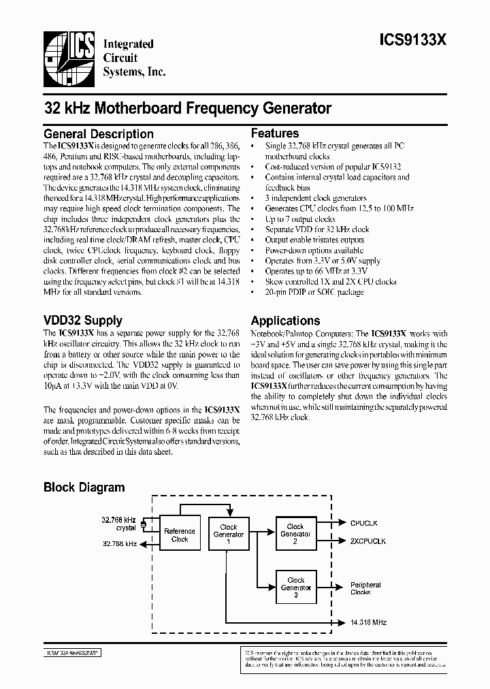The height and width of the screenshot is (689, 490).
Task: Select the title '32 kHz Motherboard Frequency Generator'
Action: [188, 108]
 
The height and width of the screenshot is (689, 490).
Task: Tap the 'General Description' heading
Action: [99, 134]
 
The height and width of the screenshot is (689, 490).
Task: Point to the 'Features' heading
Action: [275, 133]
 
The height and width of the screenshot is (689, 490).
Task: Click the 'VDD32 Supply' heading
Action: [83, 320]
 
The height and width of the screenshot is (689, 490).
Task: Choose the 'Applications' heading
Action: [285, 321]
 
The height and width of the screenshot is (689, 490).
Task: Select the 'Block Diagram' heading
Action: [84, 487]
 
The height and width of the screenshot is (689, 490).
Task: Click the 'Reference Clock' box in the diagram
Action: [180, 535]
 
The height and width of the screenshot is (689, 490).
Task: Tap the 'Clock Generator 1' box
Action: [229, 531]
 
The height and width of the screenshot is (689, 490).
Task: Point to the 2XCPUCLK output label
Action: [368, 541]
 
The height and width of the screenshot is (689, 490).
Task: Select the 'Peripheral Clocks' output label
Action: [365, 588]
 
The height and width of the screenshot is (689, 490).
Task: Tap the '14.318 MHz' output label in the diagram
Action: [369, 622]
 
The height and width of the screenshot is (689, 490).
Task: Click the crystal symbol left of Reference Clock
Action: [144, 524]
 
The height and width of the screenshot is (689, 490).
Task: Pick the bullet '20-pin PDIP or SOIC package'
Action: [314, 291]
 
